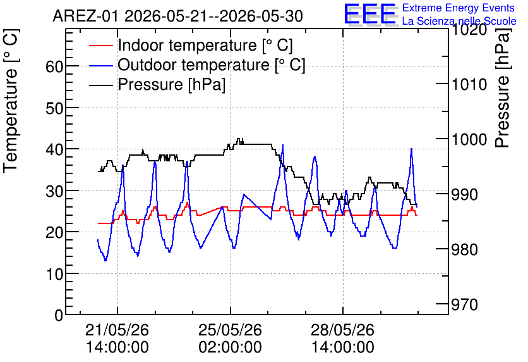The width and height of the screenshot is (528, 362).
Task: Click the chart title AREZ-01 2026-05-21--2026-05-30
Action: point(178,16)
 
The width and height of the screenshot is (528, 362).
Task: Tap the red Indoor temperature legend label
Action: point(205,45)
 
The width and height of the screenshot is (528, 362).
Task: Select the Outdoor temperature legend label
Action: point(212,65)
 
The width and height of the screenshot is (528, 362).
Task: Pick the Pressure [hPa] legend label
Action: point(171,84)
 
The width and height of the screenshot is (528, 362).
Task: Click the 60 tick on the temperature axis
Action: point(54,66)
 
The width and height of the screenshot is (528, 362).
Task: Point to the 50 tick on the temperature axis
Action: point(54,108)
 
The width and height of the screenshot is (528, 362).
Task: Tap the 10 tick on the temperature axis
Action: point(54,274)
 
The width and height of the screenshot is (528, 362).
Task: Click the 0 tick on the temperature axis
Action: point(59,315)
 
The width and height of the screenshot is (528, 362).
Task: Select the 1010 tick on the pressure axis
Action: point(469,84)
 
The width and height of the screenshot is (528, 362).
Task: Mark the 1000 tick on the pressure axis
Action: point(469,139)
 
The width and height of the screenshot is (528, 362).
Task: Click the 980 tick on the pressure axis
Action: point(465,249)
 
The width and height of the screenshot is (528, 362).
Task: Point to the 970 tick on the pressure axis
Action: point(465,304)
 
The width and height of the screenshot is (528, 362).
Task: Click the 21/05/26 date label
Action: point(117,330)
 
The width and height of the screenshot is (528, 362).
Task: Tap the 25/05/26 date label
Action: point(230,330)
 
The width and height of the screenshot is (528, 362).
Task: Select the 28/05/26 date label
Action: point(342,330)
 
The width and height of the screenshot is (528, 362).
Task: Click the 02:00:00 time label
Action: point(230,347)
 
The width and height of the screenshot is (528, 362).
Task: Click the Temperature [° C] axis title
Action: point(11,101)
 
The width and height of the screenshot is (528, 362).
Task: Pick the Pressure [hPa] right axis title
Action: point(503,88)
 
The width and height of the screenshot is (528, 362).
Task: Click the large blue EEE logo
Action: point(369,13)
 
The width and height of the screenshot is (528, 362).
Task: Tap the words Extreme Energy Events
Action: point(459,8)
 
